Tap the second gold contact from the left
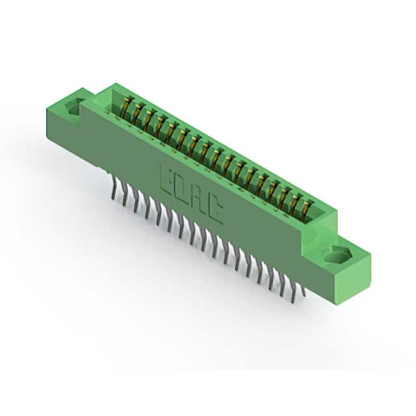pyautogui.click(x=138, y=113)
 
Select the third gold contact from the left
pyautogui.click(x=148, y=119)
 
